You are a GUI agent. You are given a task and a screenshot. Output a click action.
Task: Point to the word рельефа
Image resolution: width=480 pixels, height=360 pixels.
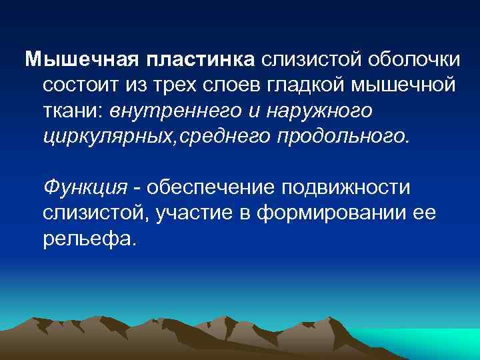[88, 238]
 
